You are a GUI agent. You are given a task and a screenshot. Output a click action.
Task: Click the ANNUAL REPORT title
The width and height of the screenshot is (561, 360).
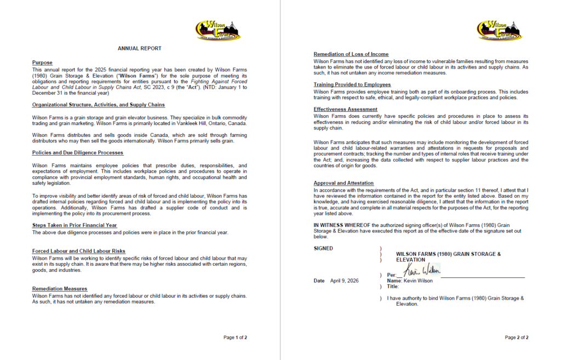(x=140, y=48)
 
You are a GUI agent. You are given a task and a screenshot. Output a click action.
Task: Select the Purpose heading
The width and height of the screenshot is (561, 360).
(x=42, y=63)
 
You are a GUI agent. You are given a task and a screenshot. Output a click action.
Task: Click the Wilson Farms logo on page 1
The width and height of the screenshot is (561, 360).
(x=217, y=31)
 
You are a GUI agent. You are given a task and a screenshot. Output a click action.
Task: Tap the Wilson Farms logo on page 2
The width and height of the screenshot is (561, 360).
(x=499, y=31)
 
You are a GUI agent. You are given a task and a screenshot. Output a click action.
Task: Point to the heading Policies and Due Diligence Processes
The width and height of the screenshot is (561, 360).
(x=78, y=152)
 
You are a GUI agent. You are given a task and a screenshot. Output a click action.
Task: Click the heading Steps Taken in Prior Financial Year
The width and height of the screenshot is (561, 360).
(x=75, y=225)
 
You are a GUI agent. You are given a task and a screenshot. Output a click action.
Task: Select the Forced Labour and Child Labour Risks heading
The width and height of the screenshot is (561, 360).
(x=79, y=251)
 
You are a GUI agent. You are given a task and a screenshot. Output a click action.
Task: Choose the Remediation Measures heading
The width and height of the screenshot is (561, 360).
(x=60, y=289)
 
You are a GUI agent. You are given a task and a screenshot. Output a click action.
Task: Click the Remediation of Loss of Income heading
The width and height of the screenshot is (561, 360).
(x=351, y=54)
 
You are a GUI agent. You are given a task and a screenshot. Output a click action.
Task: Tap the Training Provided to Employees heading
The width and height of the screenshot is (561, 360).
(x=352, y=84)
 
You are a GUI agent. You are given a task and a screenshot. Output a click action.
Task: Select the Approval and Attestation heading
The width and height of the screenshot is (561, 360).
(x=344, y=183)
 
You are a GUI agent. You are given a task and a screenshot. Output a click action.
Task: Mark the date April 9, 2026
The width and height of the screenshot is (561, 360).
(x=344, y=281)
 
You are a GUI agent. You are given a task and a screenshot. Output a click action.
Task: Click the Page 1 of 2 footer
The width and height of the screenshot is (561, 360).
(x=235, y=338)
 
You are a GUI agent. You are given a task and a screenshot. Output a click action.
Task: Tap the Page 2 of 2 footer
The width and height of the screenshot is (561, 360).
(x=517, y=338)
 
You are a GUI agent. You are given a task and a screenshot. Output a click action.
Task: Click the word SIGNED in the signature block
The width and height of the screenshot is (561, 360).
(x=323, y=248)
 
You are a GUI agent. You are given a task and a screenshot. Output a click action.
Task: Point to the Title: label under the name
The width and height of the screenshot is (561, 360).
(x=393, y=286)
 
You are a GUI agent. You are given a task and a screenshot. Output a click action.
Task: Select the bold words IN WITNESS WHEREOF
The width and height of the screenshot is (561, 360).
(x=343, y=225)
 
